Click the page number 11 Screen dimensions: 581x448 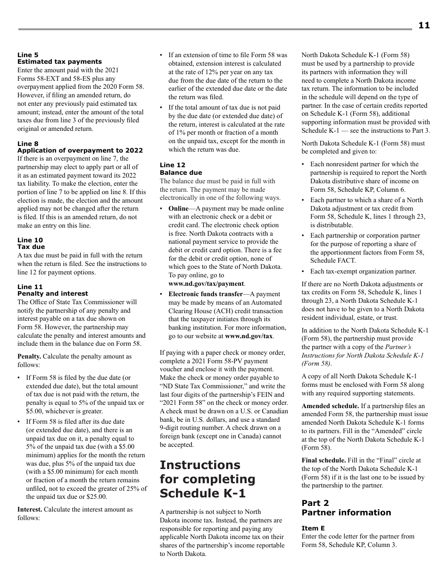click(x=423, y=26)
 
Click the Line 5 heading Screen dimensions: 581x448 click(x=28, y=55)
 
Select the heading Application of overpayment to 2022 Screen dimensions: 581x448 click(x=80, y=150)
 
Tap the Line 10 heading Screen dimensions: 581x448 click(x=30, y=240)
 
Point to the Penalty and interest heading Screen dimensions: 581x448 click(x=52, y=293)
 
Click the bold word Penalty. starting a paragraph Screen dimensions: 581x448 click(x=29, y=356)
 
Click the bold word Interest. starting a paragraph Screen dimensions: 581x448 click(x=30, y=509)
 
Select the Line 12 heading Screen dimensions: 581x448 click(x=173, y=165)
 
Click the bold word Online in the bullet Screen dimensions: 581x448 click(x=178, y=208)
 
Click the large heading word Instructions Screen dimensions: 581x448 click(x=200, y=465)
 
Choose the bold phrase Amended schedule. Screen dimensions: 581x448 click(x=330, y=406)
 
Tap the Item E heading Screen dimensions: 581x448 click(x=313, y=528)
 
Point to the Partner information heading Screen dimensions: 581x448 click(x=346, y=513)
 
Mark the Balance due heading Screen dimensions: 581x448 click(x=181, y=172)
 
